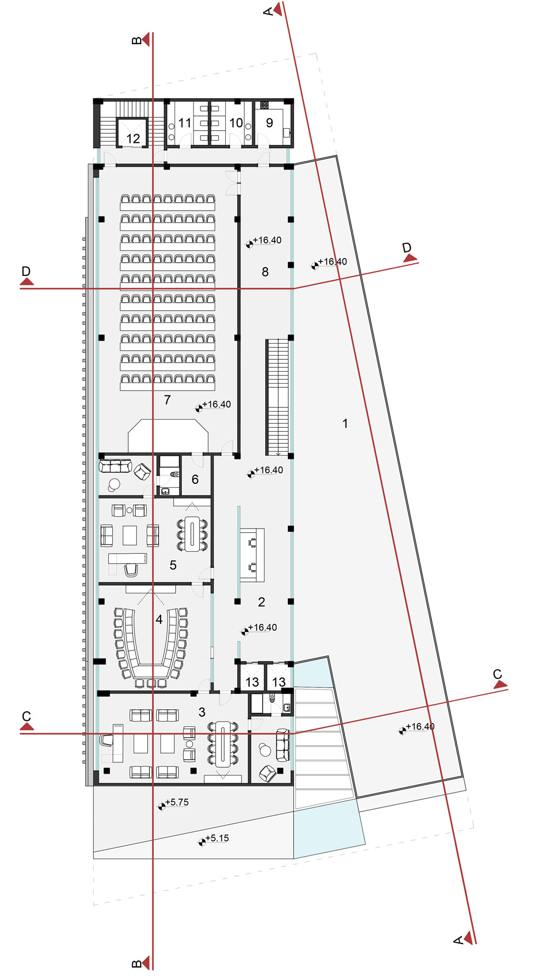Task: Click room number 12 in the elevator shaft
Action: click(x=133, y=138)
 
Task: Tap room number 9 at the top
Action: click(x=269, y=123)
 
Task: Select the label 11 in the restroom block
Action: click(x=185, y=123)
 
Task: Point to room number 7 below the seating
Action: click(x=168, y=400)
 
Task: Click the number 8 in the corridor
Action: click(x=265, y=272)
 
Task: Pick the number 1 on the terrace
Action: click(x=345, y=423)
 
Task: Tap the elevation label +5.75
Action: click(x=177, y=802)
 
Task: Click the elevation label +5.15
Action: click(x=217, y=838)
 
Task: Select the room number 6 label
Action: click(x=195, y=479)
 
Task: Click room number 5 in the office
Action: click(x=173, y=565)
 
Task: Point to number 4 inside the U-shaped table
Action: click(x=159, y=620)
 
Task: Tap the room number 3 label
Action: click(x=202, y=712)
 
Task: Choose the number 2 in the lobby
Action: click(x=261, y=602)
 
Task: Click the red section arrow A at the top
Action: click(x=278, y=9)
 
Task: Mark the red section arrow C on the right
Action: click(x=500, y=684)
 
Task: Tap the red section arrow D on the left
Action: click(x=27, y=281)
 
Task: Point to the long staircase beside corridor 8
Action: click(x=277, y=397)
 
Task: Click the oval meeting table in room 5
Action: click(x=192, y=533)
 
